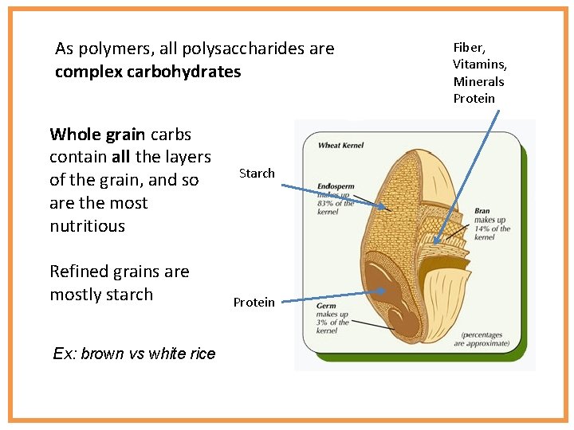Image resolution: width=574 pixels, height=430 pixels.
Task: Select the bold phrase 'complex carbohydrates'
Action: coord(147,72)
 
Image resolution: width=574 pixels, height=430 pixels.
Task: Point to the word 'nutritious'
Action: coord(88,225)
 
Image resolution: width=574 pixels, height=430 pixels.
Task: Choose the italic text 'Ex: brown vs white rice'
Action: coord(134,354)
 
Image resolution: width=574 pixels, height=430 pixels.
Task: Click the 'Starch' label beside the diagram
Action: coord(257,173)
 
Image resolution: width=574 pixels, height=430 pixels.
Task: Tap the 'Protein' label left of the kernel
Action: coord(254,302)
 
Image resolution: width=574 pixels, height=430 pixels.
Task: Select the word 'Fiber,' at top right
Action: coord(469,49)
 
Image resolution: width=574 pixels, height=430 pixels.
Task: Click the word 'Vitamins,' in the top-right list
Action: coord(480,64)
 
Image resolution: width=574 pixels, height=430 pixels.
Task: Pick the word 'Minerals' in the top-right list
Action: coord(478,81)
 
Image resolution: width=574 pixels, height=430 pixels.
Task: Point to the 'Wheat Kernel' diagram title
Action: coord(342,146)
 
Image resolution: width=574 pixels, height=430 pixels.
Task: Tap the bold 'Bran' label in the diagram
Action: coord(482,211)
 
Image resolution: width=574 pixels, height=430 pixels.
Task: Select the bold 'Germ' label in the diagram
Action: coord(328,307)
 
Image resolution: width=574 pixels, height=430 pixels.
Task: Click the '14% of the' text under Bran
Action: coord(493,229)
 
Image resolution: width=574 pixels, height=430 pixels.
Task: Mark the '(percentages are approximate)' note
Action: coord(481,339)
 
